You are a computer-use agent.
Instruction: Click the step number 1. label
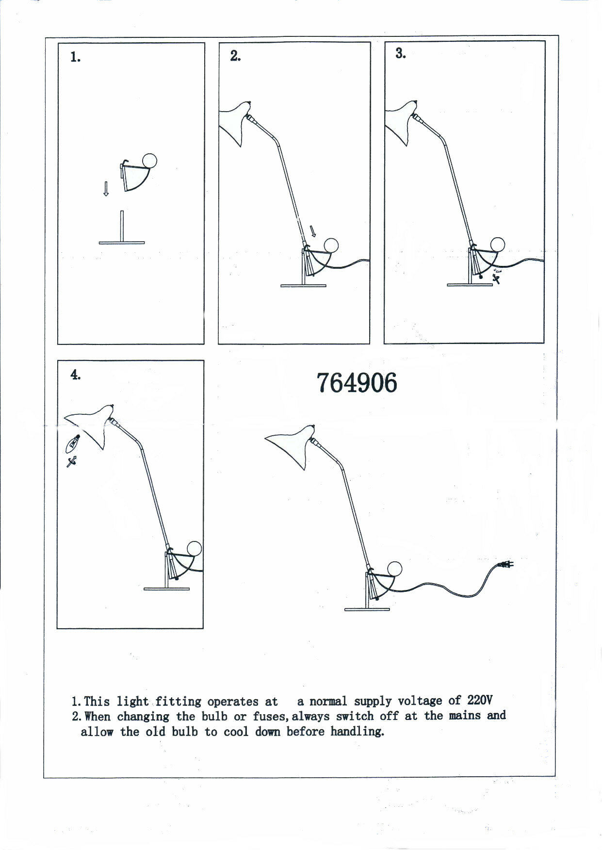[x=75, y=57]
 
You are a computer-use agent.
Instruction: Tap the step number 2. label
[x=235, y=56]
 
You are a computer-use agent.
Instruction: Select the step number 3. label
[x=400, y=54]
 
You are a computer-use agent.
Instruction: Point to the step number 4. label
[x=75, y=375]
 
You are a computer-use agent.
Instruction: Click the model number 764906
[x=357, y=383]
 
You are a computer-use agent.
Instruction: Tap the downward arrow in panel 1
[x=106, y=189]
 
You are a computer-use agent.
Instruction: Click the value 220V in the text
[x=480, y=700]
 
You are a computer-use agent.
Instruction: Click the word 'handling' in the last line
[x=357, y=732]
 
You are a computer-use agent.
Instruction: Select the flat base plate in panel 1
[x=122, y=242]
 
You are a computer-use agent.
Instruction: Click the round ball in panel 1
[x=149, y=161]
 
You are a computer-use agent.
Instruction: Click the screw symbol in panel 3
[x=496, y=278]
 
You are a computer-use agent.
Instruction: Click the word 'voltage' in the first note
[x=420, y=701]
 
